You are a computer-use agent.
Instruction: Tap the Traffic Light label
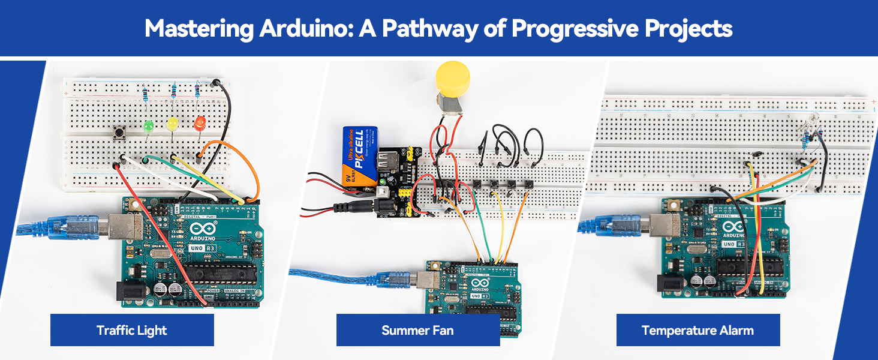click(131, 330)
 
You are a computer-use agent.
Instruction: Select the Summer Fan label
click(417, 330)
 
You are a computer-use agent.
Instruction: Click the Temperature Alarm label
click(697, 330)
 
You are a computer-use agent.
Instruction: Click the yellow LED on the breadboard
click(173, 124)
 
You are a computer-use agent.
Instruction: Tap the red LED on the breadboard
click(200, 124)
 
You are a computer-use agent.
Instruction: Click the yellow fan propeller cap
click(452, 77)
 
